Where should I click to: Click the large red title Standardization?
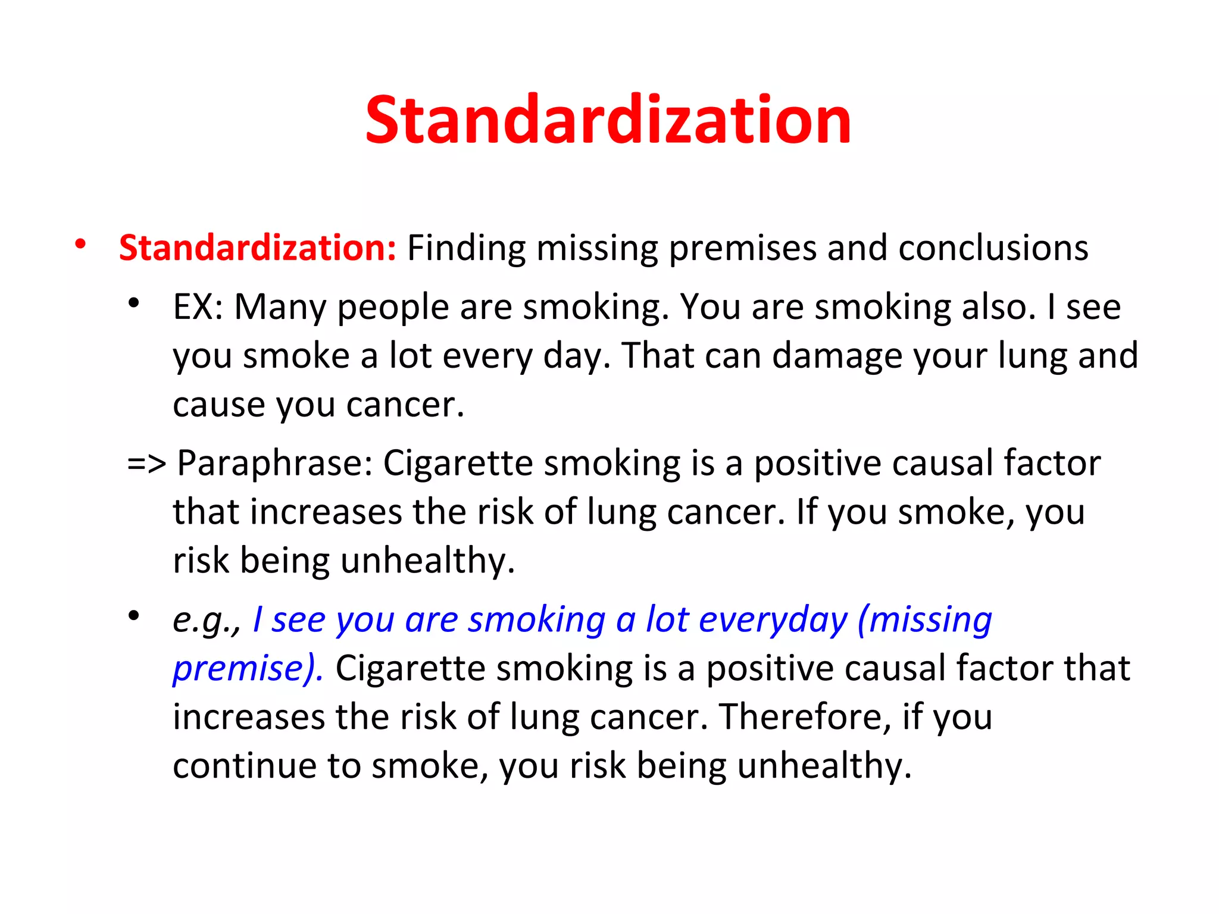coord(608,121)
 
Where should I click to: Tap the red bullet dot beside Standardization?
coord(80,244)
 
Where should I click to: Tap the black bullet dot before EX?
coord(134,303)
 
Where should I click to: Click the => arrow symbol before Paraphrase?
coord(146,464)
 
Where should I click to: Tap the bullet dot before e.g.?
coord(134,616)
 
